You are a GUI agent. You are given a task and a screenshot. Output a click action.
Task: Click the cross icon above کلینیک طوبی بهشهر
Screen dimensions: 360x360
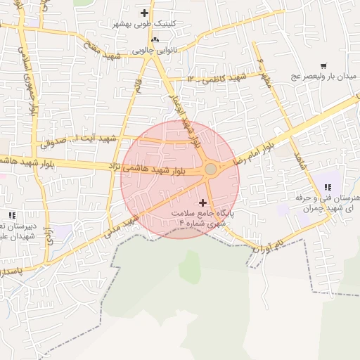[x=145, y=13]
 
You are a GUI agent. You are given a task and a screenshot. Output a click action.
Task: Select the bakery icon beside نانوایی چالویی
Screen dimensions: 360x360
[x=155, y=39]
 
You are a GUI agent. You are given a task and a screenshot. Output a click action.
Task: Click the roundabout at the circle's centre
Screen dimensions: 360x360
[x=210, y=169]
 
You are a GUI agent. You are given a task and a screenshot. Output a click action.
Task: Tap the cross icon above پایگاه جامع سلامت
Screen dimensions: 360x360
[x=203, y=202]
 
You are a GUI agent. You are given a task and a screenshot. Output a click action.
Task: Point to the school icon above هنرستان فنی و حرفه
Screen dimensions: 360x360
[x=328, y=186]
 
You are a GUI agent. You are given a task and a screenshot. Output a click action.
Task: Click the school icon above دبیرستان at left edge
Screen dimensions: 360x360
[x=11, y=214]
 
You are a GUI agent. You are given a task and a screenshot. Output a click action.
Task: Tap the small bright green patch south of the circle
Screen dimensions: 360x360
[x=190, y=267]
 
